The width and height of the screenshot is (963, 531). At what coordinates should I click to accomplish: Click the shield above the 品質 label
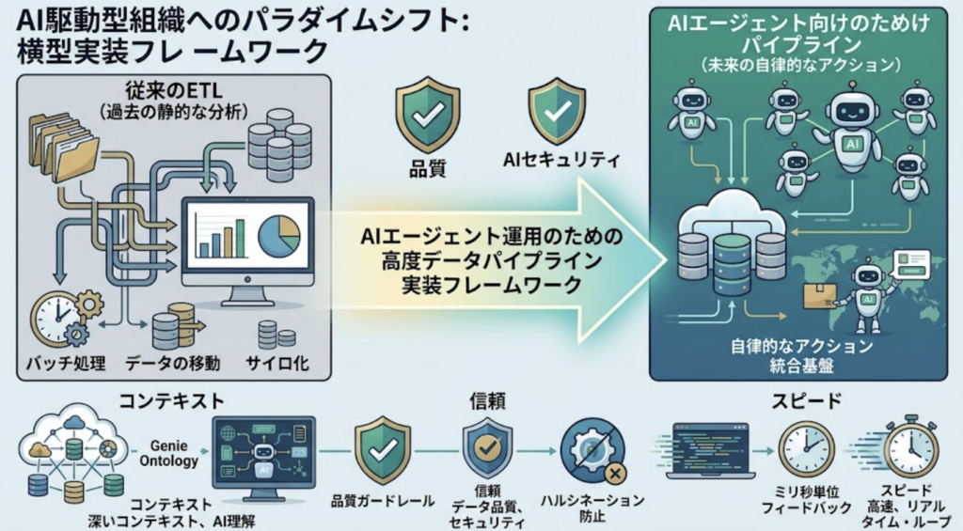(428, 114)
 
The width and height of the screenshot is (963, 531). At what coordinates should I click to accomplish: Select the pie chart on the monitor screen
(279, 236)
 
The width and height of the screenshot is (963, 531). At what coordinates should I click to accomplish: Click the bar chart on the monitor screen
(219, 236)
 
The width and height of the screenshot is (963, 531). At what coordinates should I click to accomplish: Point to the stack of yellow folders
(64, 148)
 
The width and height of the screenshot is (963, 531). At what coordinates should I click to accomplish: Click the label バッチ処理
(65, 363)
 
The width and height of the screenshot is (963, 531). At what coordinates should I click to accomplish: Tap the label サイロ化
(277, 363)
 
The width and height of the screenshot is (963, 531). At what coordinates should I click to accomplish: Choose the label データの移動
(173, 363)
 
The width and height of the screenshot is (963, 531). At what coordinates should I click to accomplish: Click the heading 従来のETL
(174, 91)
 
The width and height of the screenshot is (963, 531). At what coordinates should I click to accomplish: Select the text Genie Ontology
(169, 453)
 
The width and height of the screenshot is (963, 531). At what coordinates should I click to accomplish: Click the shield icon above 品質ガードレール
(383, 450)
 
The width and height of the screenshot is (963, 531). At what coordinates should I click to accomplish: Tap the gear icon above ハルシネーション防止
(593, 452)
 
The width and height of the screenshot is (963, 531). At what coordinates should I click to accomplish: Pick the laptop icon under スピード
(711, 450)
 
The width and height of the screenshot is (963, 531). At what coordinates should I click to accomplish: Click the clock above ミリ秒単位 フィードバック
(806, 449)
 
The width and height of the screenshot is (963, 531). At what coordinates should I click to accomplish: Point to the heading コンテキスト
(171, 401)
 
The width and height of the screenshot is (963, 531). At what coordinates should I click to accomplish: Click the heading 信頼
(487, 401)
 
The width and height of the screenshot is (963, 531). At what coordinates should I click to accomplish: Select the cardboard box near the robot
(820, 296)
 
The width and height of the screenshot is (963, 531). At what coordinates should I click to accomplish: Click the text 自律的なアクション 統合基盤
(802, 355)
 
